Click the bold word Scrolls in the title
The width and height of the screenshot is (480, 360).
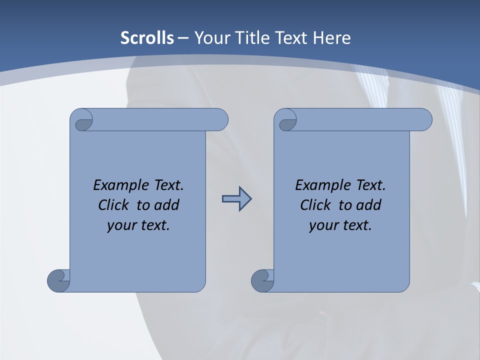147,38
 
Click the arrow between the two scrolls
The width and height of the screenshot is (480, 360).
236,199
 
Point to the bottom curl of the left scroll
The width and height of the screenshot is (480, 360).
58,280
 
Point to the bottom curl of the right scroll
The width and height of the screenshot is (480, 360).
262,280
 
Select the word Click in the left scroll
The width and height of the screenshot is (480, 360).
112,205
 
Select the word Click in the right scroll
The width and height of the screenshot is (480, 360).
315,205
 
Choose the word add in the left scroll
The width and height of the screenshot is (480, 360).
167,205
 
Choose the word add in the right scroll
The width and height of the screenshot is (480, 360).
369,205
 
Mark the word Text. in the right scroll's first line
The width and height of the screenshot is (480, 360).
370,185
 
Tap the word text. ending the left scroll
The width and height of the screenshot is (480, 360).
153,225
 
